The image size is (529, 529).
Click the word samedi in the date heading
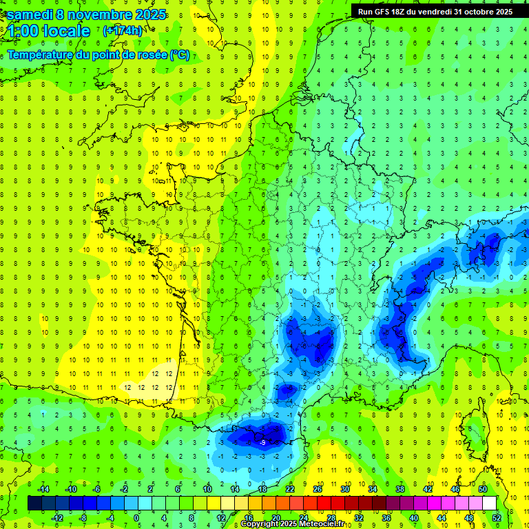coord(30,14)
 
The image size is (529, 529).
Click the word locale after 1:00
coord(66,31)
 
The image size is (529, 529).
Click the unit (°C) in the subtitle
coord(179,55)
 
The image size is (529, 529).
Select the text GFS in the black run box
coord(385,12)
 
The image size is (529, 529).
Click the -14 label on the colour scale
coord(43,489)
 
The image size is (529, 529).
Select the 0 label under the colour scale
coord(136,518)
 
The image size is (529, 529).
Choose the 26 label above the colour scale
coord(318,489)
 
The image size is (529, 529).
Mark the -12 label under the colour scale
coord(57,518)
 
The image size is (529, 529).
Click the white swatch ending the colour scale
coord(489,504)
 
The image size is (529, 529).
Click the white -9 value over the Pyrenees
coord(262,442)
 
